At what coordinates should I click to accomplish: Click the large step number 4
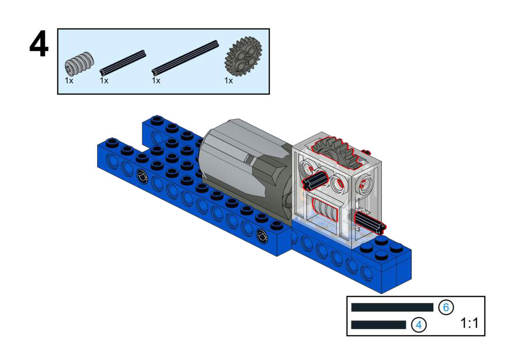(x=39, y=45)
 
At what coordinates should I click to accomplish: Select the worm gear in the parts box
(x=79, y=64)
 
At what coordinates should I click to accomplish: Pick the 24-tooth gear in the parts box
(x=243, y=56)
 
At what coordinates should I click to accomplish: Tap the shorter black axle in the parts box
(x=123, y=62)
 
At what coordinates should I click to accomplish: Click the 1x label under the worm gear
(x=69, y=80)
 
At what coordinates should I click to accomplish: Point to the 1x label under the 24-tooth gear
(x=228, y=80)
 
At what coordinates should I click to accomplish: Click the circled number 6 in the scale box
(x=446, y=307)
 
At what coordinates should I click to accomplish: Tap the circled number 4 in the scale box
(x=419, y=324)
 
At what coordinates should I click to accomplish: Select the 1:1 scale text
(x=469, y=323)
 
